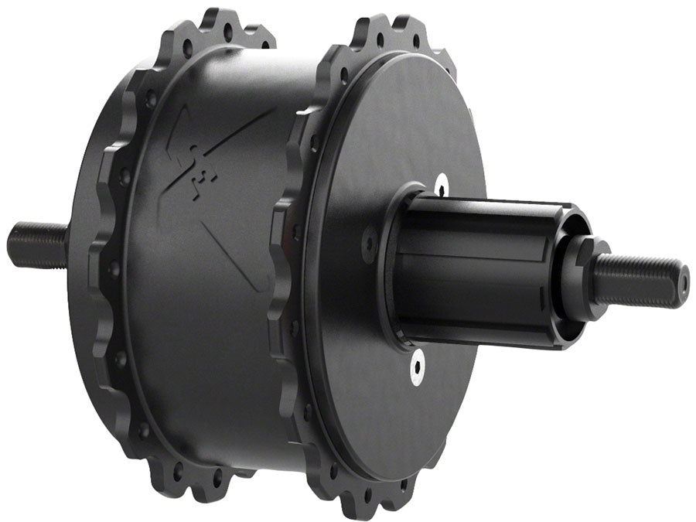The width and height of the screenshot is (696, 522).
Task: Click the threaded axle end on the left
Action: pos(35,244)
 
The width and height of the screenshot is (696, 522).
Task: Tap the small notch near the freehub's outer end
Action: pos(539,295)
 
